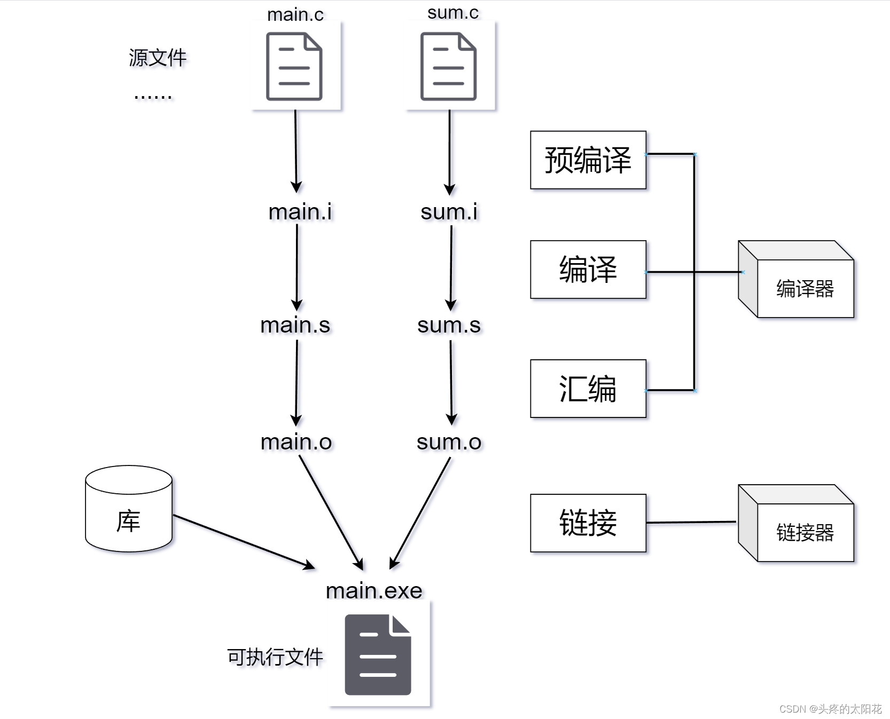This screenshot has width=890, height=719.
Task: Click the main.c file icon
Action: point(294,66)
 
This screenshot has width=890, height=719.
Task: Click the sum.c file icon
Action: point(449,66)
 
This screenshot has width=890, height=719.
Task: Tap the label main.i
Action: point(300,212)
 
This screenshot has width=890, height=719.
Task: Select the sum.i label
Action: point(449,212)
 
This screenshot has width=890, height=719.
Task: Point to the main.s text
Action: point(295,325)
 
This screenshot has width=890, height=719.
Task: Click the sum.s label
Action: point(449,325)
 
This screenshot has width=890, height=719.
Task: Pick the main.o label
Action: point(296,442)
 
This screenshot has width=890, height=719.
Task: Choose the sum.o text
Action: point(449,442)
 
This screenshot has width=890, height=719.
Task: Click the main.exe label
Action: point(374,591)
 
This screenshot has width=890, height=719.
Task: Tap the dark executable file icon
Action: point(378,654)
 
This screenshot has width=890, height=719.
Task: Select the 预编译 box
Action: point(588,160)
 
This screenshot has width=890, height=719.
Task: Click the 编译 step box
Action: point(588,270)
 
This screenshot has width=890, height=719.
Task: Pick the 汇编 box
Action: point(588,389)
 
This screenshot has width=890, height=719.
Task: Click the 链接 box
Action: point(588,523)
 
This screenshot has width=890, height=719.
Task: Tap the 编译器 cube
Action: point(796,279)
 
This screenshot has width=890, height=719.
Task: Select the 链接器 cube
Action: point(796,523)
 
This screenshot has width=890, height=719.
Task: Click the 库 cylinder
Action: point(129,509)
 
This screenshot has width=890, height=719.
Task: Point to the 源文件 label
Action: point(158,58)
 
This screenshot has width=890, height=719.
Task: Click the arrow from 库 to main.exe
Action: point(244,542)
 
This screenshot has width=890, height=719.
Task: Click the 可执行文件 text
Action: point(275,657)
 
